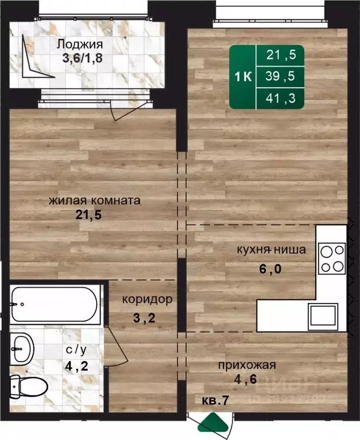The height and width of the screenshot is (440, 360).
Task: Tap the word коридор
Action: point(147,300)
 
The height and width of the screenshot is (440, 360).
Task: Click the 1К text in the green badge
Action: point(244,77)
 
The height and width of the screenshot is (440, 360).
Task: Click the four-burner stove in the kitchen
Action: point(332,258)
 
